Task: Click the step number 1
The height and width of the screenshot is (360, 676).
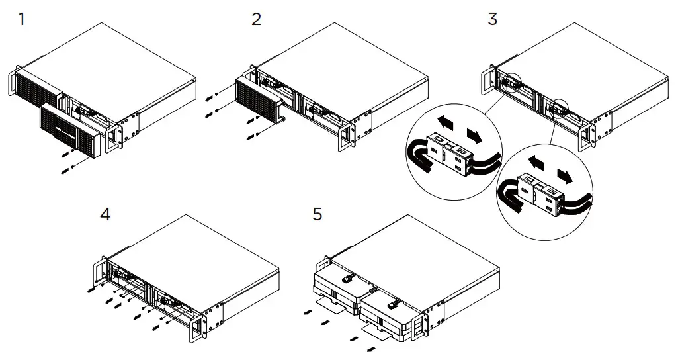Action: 22,19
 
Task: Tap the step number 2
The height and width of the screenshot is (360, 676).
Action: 257,19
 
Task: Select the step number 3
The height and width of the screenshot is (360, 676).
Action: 492,19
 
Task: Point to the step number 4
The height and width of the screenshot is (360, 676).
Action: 105,215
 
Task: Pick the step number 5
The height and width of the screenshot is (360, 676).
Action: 317,215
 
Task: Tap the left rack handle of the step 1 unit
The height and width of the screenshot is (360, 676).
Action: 13,81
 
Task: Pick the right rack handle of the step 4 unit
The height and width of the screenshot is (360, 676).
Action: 196,327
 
